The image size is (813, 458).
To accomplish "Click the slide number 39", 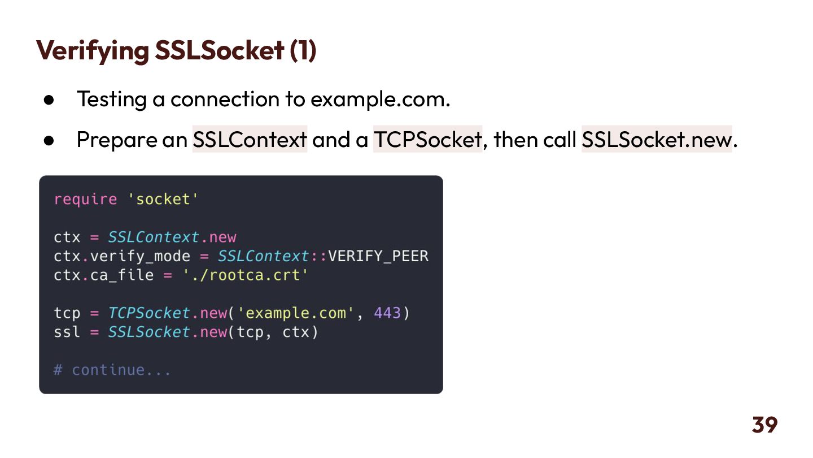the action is click(x=764, y=425).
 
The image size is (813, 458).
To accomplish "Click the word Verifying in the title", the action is click(x=92, y=51).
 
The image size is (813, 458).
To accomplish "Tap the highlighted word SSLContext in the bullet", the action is click(x=250, y=139).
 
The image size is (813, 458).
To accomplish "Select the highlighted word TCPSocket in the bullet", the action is click(x=427, y=139).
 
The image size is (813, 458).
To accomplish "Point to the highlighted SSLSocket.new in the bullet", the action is click(x=657, y=139).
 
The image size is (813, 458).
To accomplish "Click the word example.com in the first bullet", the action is click(x=379, y=100).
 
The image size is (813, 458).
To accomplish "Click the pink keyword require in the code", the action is click(x=85, y=199).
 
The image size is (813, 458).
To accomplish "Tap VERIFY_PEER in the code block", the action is click(x=378, y=256).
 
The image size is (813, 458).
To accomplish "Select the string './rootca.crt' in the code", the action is click(x=245, y=275).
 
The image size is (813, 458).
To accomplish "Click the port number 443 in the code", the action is click(x=387, y=313).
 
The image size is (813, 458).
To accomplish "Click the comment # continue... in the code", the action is click(x=112, y=370).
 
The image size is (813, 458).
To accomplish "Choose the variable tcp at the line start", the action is click(x=67, y=313).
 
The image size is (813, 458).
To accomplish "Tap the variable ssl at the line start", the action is click(x=67, y=332).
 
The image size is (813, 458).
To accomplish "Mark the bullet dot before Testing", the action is click(x=49, y=100).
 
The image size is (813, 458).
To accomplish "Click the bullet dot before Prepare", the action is click(x=49, y=140).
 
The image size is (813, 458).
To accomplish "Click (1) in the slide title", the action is click(x=303, y=51).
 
